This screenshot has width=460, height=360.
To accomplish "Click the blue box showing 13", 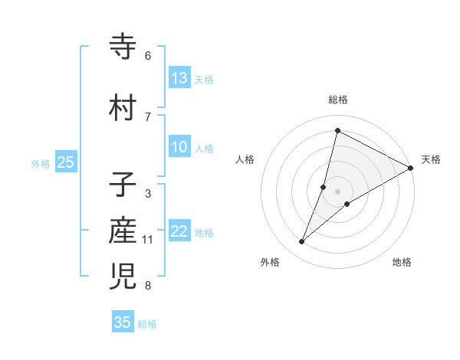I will [x=179, y=77].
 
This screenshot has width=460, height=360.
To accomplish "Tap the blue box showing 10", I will [x=179, y=147].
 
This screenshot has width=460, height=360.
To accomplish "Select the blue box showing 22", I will [x=179, y=231].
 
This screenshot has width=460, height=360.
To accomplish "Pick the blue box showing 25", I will [x=66, y=162].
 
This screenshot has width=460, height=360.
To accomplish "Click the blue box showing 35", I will [x=123, y=322].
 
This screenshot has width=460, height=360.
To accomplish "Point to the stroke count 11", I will [x=148, y=240].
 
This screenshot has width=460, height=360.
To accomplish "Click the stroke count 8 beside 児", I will [x=148, y=286].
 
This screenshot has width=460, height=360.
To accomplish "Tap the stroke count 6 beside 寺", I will [x=148, y=56].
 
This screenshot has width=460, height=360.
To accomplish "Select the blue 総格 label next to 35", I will [x=147, y=324].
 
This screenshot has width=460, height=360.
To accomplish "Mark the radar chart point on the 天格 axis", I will [x=411, y=169].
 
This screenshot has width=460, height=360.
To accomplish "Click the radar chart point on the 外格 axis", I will [x=302, y=242].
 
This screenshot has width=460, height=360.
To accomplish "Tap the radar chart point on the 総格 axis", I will [x=337, y=130].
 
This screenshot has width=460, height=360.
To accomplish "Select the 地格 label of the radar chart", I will [x=402, y=263].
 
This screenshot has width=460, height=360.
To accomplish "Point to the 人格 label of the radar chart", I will [x=245, y=159].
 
